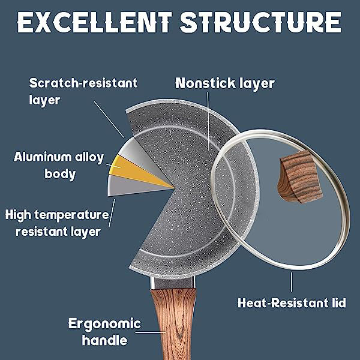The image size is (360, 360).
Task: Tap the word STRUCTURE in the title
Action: click(260, 22)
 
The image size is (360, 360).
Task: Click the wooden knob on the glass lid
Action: click(300, 177)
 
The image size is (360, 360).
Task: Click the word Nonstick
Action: click(205, 83)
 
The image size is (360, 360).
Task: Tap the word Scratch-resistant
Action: click(83, 83)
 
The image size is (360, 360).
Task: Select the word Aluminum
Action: click(43, 157)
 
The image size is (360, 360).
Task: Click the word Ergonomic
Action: click(104, 324)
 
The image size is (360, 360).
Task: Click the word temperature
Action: click(71, 215)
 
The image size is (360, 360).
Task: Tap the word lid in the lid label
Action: click(340, 302)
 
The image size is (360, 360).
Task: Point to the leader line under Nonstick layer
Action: click(208, 121)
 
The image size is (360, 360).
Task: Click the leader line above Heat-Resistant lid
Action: click(292, 282)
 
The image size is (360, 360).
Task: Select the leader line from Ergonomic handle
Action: click(151, 332)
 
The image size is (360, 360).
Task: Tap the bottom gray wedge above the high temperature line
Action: click(136, 185)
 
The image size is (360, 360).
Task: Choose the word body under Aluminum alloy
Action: click(60, 174)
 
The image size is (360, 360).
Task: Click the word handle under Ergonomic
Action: click(104, 340)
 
